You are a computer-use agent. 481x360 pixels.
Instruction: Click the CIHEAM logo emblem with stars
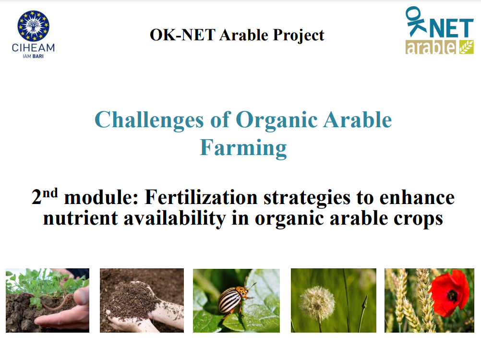[33, 26]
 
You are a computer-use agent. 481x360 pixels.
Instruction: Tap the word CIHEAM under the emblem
[33, 48]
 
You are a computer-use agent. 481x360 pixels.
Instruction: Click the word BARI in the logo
[39, 56]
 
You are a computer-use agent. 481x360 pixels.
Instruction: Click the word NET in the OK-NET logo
[449, 29]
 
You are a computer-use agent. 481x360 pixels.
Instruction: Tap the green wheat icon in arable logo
[466, 47]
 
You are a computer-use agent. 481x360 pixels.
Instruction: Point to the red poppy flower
[449, 293]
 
